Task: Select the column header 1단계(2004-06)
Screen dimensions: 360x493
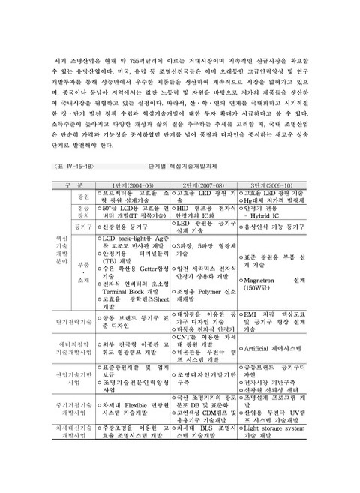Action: pyautogui.click(x=134, y=184)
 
